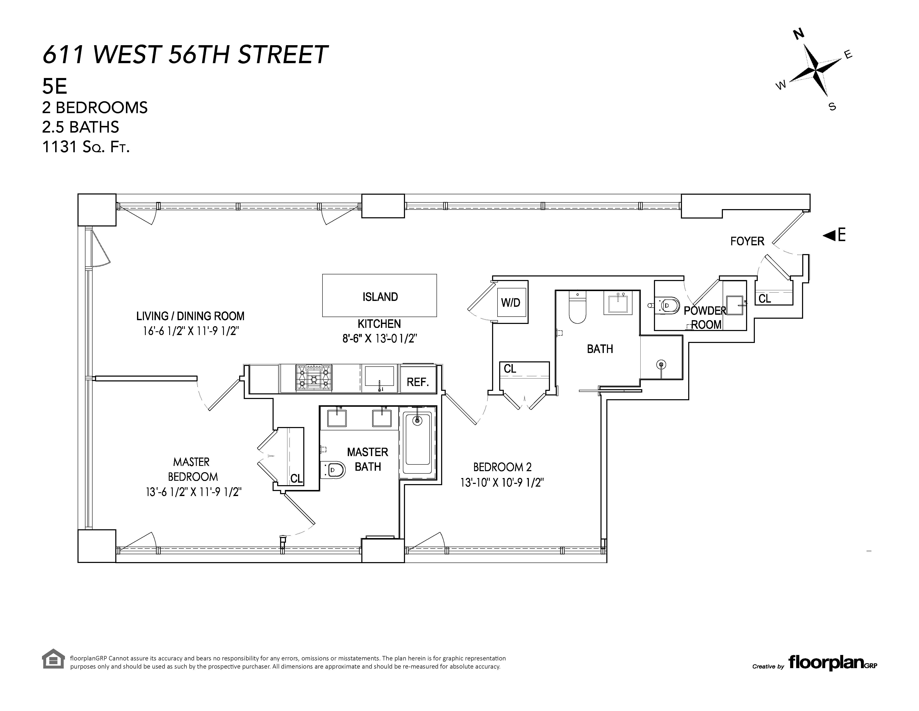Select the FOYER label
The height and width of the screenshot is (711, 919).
pos(747,241)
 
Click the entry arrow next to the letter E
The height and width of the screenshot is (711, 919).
pos(829,235)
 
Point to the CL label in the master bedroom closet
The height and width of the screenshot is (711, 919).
pos(296,478)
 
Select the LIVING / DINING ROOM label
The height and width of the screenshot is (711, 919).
pos(190,316)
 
